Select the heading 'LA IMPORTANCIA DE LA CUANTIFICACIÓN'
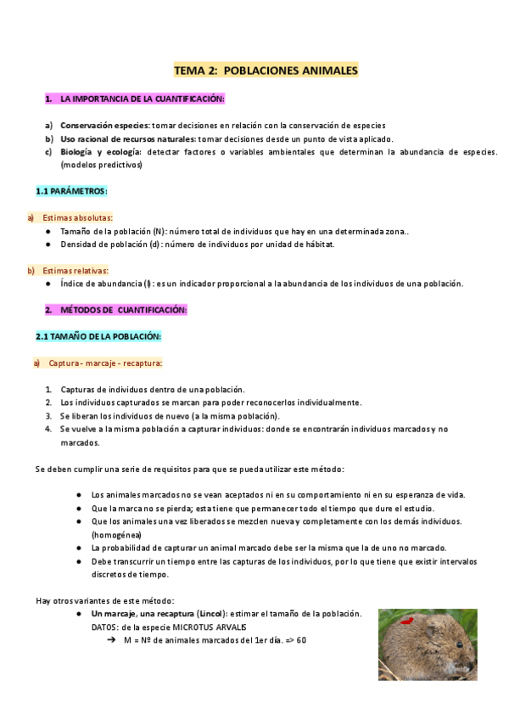tap(142, 100)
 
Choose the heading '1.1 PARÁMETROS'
tap(71, 191)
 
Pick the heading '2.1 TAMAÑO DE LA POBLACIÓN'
tap(98, 337)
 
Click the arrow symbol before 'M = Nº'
tap(111, 640)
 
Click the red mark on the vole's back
tap(407, 622)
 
